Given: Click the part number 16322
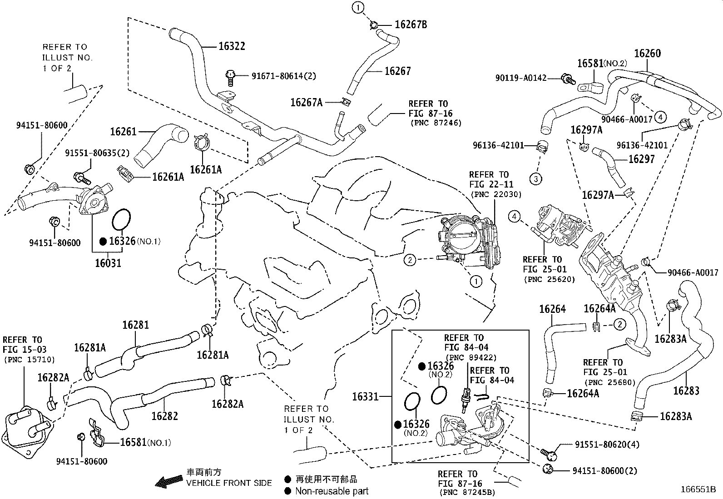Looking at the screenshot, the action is (232, 46).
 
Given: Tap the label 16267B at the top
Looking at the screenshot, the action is (411, 25).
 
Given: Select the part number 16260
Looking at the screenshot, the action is (648, 53).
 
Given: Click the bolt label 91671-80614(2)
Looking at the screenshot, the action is (284, 76).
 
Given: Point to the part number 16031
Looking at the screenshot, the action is (108, 263).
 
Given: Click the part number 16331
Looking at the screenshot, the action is (365, 396).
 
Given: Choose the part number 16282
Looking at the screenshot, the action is (164, 416).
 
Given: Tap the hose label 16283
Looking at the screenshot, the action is (686, 391).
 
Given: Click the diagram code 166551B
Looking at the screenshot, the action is (698, 489).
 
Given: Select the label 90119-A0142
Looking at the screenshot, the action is (521, 78).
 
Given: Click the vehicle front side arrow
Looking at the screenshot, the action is (169, 481).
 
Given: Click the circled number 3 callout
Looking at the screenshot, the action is (536, 179).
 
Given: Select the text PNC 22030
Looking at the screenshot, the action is (496, 194).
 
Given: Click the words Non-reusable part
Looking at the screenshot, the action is (332, 491).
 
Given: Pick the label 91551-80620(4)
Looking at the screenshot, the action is (607, 445).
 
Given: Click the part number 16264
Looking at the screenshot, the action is (552, 309).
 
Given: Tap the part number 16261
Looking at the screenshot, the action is (123, 132).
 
